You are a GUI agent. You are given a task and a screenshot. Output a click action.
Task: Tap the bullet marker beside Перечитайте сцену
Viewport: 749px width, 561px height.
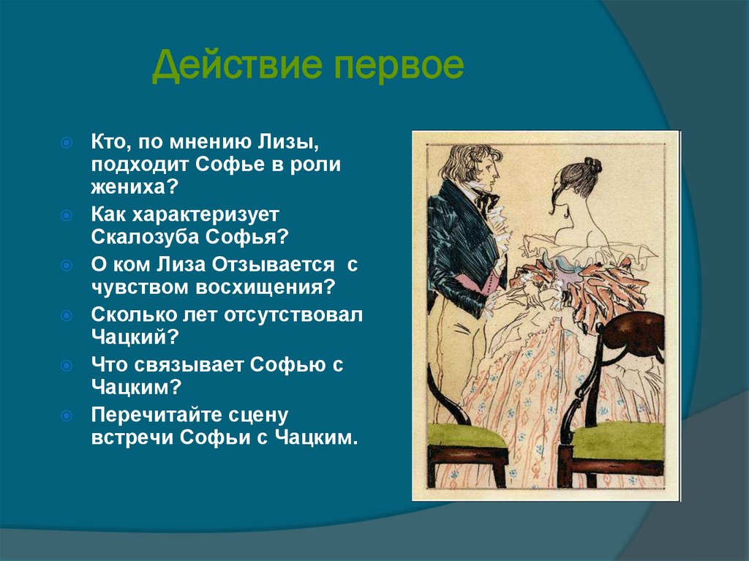(x=66, y=415)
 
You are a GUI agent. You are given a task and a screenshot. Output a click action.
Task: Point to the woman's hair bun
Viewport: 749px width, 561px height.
(x=590, y=167)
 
